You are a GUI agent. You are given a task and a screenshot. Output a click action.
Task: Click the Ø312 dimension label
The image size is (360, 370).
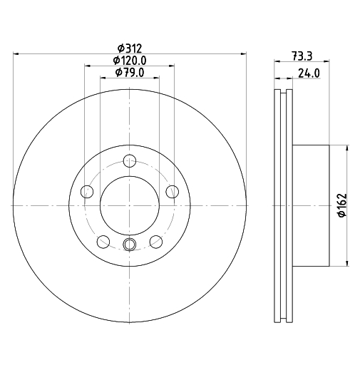point(130,48)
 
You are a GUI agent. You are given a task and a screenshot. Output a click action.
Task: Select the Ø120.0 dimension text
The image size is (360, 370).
point(130,61)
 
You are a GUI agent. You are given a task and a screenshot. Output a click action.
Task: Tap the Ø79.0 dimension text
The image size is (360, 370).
point(130,73)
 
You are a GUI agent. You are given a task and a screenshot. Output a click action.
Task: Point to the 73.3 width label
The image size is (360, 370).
point(302,56)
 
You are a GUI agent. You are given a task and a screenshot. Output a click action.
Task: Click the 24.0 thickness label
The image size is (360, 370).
point(309,73)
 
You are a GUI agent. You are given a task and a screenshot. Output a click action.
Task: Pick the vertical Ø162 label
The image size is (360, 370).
point(342,205)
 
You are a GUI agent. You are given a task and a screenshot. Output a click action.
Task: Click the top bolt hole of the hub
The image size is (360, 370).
point(130,161)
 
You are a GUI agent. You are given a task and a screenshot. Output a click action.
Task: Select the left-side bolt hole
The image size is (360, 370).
point(87,192)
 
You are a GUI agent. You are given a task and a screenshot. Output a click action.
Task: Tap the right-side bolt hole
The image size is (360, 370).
point(173,192)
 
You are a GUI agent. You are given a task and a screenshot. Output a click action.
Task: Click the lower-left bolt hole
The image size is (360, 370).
point(103,242)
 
